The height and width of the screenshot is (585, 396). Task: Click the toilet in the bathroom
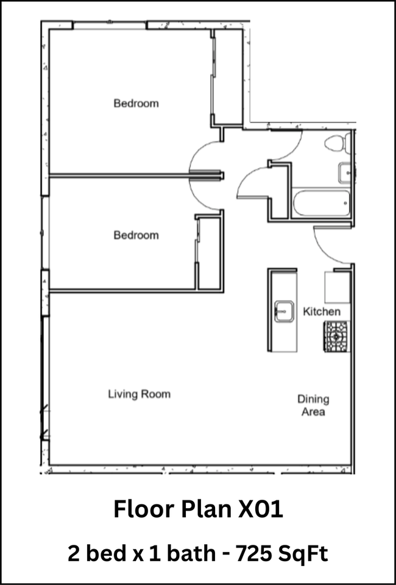click(x=338, y=143)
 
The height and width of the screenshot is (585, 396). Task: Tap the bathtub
click(x=322, y=203)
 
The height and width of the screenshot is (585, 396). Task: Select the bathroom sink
click(x=345, y=173)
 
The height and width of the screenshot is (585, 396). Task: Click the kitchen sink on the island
click(x=284, y=311)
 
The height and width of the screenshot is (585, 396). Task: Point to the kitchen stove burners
click(x=337, y=336)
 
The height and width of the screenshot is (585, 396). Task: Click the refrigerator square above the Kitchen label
click(x=338, y=287)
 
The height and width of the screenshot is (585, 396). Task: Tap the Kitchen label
click(x=322, y=311)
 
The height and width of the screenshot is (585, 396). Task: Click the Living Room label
click(x=139, y=394)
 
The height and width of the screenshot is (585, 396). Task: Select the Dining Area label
click(x=313, y=406)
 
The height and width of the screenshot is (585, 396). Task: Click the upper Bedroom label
click(x=136, y=103)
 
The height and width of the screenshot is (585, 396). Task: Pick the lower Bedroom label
click(x=136, y=235)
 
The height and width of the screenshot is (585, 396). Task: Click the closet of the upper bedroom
click(x=227, y=77)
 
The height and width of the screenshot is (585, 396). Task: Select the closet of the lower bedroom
click(x=209, y=253)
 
